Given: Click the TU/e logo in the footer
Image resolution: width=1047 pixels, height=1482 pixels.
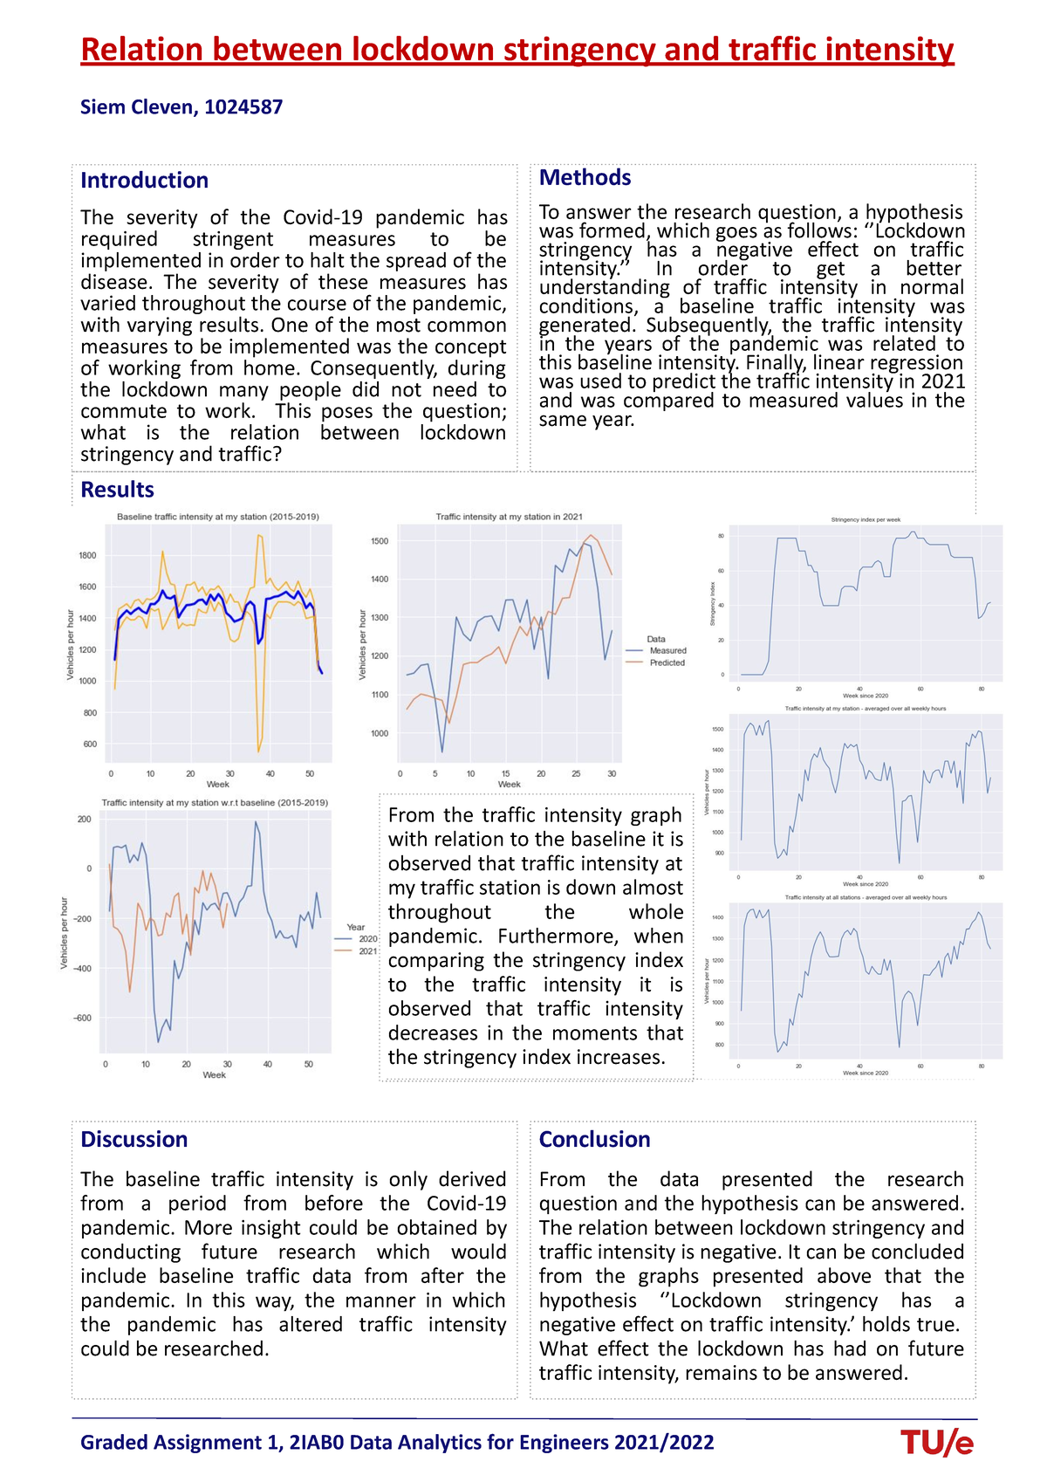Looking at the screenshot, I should pos(937,1443).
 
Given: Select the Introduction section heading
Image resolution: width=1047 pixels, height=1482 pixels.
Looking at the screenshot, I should pos(144,181).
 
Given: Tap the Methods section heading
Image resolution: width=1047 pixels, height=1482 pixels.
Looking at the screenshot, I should pos(585,177).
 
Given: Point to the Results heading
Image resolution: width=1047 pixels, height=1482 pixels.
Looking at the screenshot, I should pos(117,490).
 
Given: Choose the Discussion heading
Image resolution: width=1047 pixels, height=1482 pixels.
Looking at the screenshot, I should pos(133,1139).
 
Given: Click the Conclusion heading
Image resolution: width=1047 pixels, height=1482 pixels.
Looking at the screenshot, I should pos(594,1139).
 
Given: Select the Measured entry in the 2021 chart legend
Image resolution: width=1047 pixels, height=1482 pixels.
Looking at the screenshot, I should pos(667,651).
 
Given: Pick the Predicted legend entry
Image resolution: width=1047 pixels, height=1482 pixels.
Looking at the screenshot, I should pos(667,663).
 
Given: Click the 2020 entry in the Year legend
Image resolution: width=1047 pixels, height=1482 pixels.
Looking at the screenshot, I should pos(366,939).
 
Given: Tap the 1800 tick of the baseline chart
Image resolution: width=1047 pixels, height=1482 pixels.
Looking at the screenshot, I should pos(87,555).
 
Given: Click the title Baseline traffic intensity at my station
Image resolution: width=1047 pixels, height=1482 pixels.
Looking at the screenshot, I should pos(217,517).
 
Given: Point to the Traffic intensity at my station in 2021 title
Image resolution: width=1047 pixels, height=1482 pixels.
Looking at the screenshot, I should pos(509,517).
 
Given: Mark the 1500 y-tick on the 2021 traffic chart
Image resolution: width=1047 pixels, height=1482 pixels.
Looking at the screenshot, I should pos(379,541).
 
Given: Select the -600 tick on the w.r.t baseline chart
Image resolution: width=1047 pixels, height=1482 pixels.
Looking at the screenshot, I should pos(82,1019).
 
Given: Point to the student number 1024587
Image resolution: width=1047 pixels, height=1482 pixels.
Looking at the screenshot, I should pos(243,107).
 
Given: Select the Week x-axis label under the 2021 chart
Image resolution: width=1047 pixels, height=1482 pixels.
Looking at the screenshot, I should pos(509,785).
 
